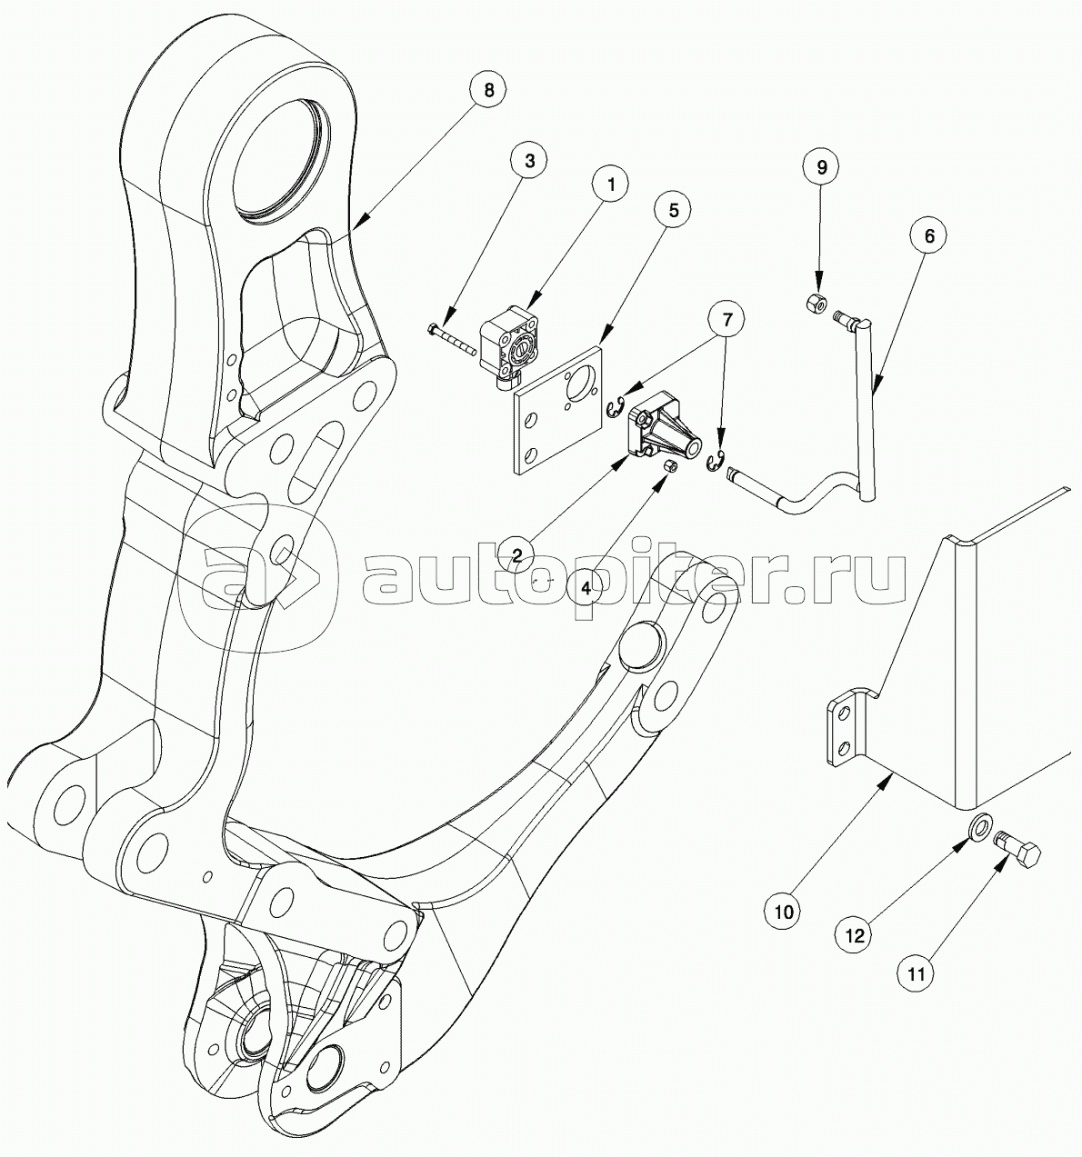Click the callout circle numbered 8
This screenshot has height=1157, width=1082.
click(488, 90)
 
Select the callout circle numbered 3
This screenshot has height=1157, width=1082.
click(529, 161)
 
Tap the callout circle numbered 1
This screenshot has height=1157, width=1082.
click(611, 185)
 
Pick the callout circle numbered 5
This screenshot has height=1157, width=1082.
click(674, 210)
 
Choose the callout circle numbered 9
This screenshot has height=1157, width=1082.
click(821, 167)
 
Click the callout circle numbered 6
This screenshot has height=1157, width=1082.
click(929, 235)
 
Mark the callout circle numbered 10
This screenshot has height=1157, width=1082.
click(784, 912)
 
